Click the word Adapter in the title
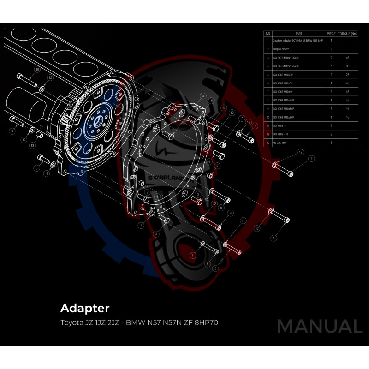pos(85,308)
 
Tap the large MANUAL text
pos(319,326)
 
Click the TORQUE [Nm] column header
pos(347,34)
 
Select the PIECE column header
pos(331,34)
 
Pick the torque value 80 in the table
pos(347,66)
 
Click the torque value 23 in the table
pos(347,74)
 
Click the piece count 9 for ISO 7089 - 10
pos(331,134)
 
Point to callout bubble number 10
pos(37,69)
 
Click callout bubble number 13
pos(32,145)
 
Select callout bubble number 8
pos(12,131)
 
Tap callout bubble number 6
pos(36,168)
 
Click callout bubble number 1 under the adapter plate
pos(141,225)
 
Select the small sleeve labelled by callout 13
pos(40,135)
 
